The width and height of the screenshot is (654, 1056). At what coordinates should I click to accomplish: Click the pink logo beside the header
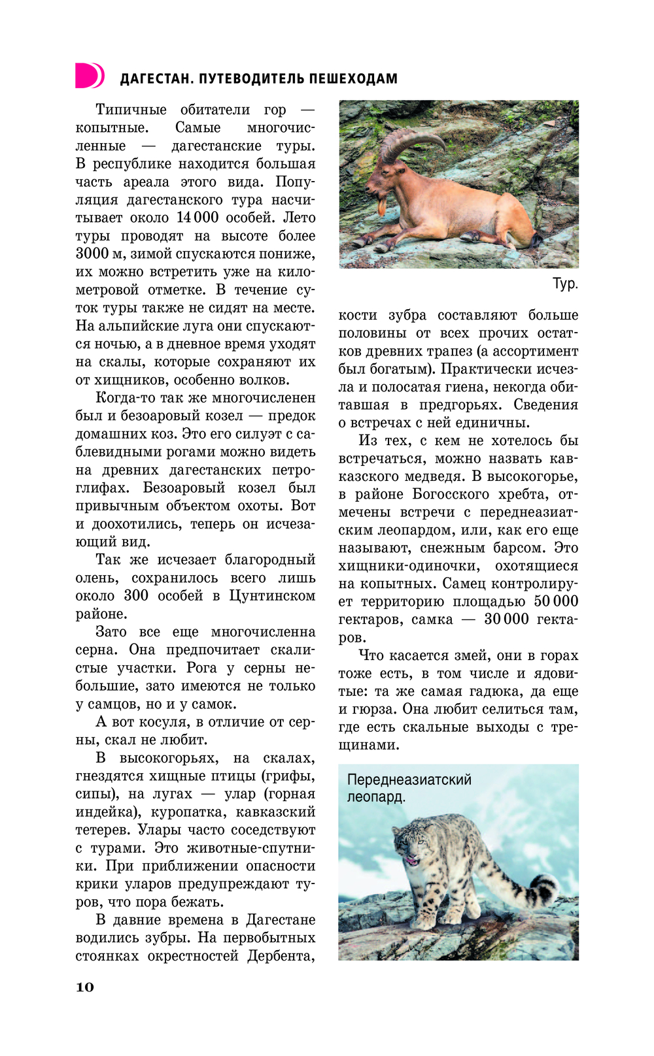coord(90,75)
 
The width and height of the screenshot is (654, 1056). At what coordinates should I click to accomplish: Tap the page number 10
coord(85,987)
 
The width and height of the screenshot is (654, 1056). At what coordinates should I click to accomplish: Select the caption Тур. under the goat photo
coord(565,284)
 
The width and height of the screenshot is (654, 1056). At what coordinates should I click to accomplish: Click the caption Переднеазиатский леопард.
coord(409,788)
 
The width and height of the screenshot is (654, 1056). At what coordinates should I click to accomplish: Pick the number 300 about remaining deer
coord(136,596)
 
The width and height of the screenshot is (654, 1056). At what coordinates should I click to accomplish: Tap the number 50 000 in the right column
coord(556,601)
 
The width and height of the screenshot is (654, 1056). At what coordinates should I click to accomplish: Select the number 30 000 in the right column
coord(506,619)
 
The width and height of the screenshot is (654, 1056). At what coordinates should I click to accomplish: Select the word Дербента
coord(281,956)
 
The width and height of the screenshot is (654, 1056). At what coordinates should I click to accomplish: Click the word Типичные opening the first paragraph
coord(131,109)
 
